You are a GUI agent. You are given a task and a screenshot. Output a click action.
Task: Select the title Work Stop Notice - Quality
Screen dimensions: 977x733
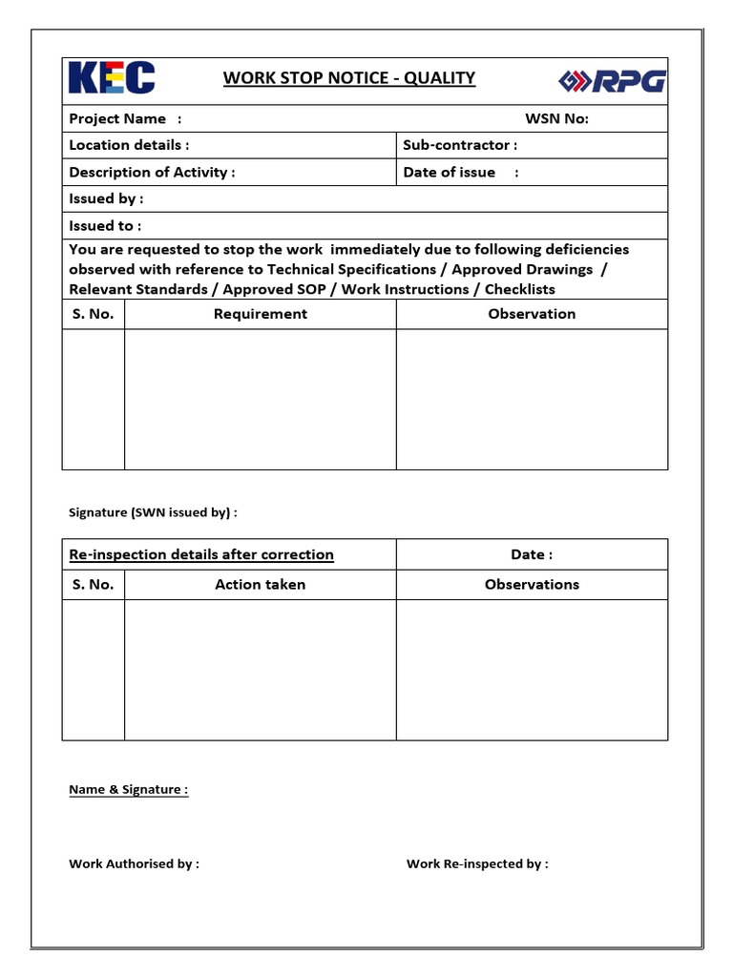pyautogui.click(x=349, y=78)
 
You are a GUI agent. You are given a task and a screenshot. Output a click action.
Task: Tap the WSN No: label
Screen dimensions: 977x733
pyautogui.click(x=557, y=118)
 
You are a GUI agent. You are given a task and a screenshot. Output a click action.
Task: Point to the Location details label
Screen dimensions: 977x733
pyautogui.click(x=129, y=145)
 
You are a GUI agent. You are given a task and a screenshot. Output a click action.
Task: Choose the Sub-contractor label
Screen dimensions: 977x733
pyautogui.click(x=460, y=145)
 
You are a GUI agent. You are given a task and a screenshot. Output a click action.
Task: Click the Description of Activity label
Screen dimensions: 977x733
pyautogui.click(x=152, y=172)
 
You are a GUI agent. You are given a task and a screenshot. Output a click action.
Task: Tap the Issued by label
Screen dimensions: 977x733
pyautogui.click(x=106, y=198)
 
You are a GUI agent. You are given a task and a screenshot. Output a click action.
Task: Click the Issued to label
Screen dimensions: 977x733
pyautogui.click(x=105, y=225)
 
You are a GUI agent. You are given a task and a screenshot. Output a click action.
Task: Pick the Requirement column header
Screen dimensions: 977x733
pyautogui.click(x=261, y=314)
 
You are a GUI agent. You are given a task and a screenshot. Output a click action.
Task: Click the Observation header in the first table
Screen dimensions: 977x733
pyautogui.click(x=532, y=314)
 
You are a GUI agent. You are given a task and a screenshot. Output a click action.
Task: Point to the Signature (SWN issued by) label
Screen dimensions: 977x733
pyautogui.click(x=153, y=512)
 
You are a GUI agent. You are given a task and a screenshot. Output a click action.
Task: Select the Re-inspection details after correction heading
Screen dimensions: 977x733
pyautogui.click(x=201, y=554)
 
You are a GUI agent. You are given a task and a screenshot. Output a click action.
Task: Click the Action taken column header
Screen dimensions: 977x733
pyautogui.click(x=261, y=585)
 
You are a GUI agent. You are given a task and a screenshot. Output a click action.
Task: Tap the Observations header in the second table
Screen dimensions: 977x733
pyautogui.click(x=532, y=585)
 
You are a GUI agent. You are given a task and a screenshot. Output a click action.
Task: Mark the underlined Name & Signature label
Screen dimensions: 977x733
pyautogui.click(x=128, y=790)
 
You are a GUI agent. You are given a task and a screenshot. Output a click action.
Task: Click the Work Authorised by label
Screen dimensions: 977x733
pyautogui.click(x=134, y=863)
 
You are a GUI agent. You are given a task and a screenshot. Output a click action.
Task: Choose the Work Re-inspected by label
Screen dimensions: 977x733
pyautogui.click(x=477, y=863)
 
